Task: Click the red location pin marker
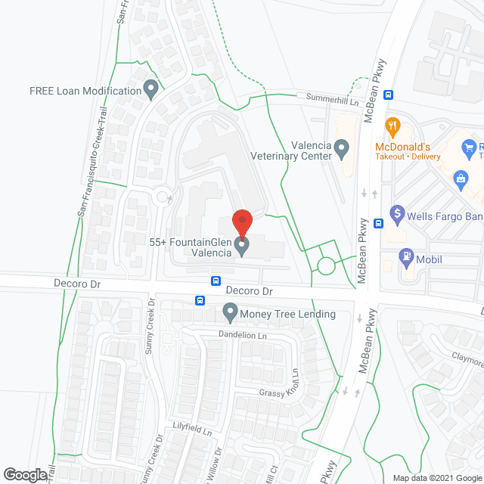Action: pyautogui.click(x=241, y=222)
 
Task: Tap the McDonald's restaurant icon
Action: pyautogui.click(x=392, y=126)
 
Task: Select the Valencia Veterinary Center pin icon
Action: pyautogui.click(x=342, y=149)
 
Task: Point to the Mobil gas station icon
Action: pyautogui.click(x=406, y=257)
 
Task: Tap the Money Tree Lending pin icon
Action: pyautogui.click(x=230, y=312)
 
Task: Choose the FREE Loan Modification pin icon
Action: pyautogui.click(x=150, y=90)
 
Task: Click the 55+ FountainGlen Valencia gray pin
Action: pyautogui.click(x=242, y=246)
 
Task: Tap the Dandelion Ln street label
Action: pyautogui.click(x=242, y=335)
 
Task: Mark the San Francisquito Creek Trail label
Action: pyautogui.click(x=92, y=163)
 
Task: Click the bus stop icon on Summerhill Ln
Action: pyautogui.click(x=389, y=95)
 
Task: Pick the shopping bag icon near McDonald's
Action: pyautogui.click(x=459, y=179)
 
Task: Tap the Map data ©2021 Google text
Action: pyautogui.click(x=436, y=477)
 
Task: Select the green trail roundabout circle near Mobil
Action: pyautogui.click(x=326, y=265)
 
